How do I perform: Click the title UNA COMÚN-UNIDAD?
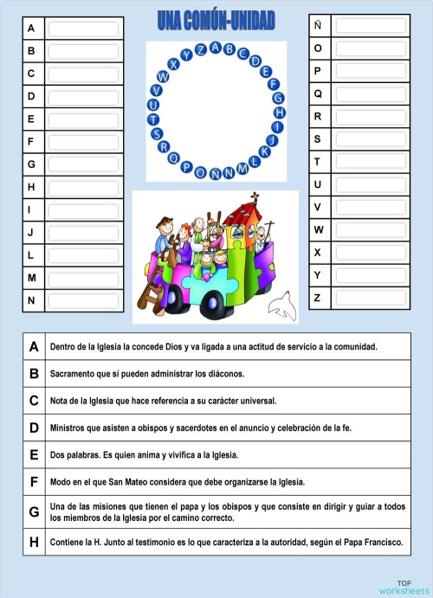tap(216, 19)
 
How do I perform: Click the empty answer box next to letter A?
tap(83, 29)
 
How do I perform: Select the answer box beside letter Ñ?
tap(370, 25)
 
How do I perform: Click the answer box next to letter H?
tap(83, 187)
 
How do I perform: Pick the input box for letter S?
tap(370, 138)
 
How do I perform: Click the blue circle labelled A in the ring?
tap(216, 48)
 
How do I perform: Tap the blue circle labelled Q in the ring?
tap(173, 158)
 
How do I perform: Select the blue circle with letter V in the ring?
tap(156, 91)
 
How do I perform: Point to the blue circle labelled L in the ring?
tap(255, 160)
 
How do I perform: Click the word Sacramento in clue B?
tap(74, 374)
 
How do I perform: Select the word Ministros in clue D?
tap(71, 428)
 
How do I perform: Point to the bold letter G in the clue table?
tap(34, 511)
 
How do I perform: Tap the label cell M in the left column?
tap(31, 278)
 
